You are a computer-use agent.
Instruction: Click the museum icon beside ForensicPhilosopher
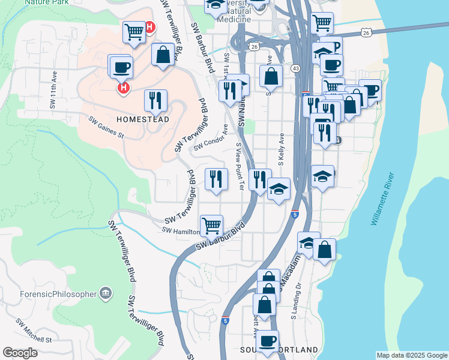click(x=106, y=292)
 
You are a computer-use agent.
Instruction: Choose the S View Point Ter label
click(x=240, y=166)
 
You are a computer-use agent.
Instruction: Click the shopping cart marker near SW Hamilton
click(x=211, y=226)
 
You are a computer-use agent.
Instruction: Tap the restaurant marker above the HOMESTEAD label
click(x=155, y=100)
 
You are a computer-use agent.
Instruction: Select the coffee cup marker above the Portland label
click(x=267, y=341)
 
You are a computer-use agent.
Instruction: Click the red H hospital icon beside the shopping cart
click(x=149, y=27)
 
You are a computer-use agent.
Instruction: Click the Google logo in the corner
click(x=20, y=353)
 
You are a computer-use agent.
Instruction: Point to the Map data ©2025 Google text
click(x=411, y=355)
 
